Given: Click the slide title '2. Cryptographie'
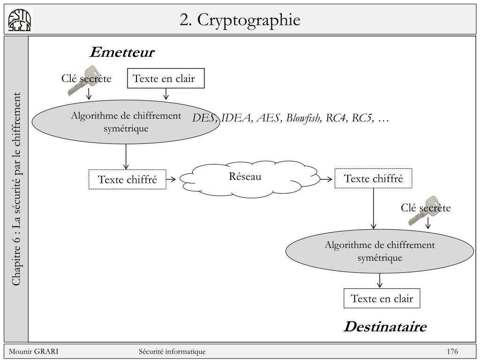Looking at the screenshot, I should click(240, 20).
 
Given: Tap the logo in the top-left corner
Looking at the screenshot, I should click(20, 21).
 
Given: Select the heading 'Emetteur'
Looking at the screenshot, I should click(121, 52).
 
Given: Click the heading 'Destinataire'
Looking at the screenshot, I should click(385, 327).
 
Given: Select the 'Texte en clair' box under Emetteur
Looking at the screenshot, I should click(166, 78).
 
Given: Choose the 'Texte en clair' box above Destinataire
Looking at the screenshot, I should click(382, 299).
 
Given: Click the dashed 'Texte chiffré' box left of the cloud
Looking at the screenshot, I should click(127, 179).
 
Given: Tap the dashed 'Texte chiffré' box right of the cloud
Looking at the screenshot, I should click(373, 178).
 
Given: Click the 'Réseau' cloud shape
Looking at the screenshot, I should click(248, 177).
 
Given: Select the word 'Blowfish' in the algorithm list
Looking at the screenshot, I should click(304, 118).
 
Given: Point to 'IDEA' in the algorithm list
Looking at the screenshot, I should click(236, 118).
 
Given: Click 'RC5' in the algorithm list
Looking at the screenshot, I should click(363, 118).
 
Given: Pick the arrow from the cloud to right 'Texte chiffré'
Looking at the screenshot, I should click(326, 179).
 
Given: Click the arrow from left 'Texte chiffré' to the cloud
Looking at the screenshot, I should click(171, 179).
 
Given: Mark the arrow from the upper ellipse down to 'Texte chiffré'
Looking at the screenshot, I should click(126, 157).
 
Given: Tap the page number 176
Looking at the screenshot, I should click(452, 352).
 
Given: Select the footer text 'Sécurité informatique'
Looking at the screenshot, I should click(172, 352).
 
